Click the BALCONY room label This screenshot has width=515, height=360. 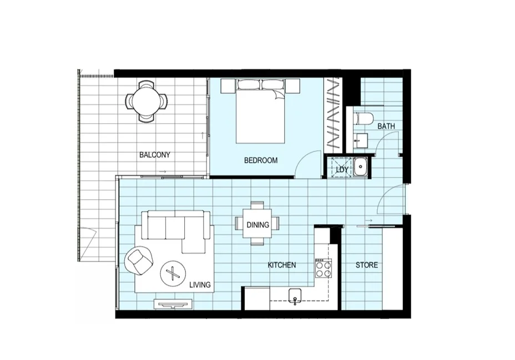coord(155,155)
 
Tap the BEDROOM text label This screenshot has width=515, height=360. coord(261,160)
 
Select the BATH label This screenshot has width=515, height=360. coord(386,126)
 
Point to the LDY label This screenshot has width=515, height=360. coord(341,169)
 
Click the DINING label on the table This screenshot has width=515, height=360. coord(258,225)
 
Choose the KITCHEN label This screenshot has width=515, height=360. coord(281,265)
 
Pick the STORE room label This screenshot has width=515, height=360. coord(367,265)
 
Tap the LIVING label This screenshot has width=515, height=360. coord(200,285)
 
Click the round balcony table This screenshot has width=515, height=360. coord(147,101)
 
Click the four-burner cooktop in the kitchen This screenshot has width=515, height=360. coord(323,269)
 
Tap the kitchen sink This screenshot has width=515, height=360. coord(295,296)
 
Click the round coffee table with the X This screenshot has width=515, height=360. coord(173,273)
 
